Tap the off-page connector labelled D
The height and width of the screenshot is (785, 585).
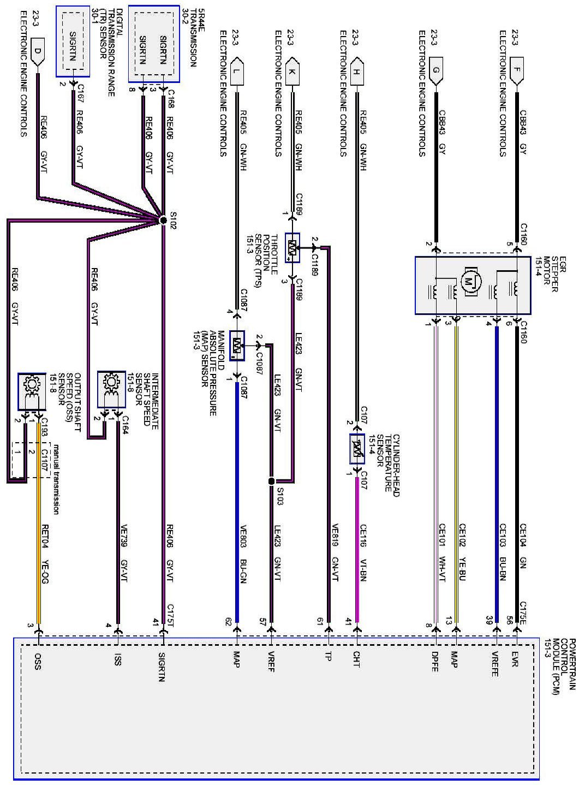coord(37,53)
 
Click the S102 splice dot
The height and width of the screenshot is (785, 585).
coord(163,220)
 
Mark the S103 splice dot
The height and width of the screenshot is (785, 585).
coord(271,481)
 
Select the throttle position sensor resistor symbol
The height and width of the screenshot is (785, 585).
coord(292,249)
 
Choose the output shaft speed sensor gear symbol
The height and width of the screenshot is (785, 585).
coord(32,385)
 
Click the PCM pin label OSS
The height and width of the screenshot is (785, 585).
coord(38,660)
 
